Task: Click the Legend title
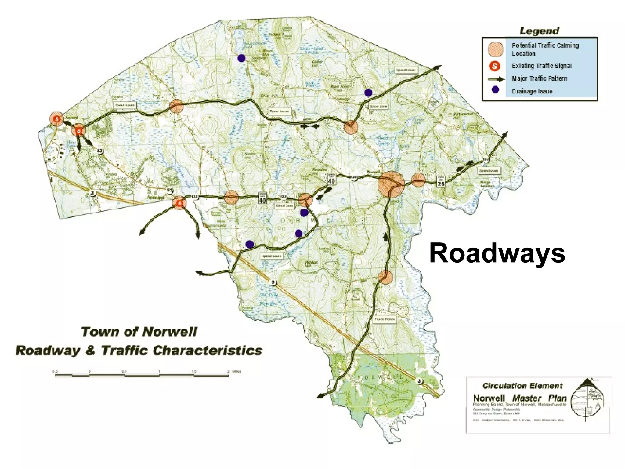(539, 31)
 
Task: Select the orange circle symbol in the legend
(495, 49)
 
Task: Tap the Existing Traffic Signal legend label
(542, 66)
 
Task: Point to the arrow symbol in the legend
(496, 79)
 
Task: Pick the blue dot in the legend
(495, 89)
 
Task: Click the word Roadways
(497, 253)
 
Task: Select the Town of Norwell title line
(139, 332)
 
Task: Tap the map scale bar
(142, 375)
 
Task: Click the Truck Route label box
(385, 319)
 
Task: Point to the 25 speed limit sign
(440, 181)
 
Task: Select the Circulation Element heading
(522, 386)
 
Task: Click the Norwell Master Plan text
(519, 398)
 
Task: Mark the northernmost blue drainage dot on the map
(241, 58)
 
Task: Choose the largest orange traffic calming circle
(391, 184)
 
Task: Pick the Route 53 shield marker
(100, 151)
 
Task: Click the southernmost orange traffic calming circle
(385, 277)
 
